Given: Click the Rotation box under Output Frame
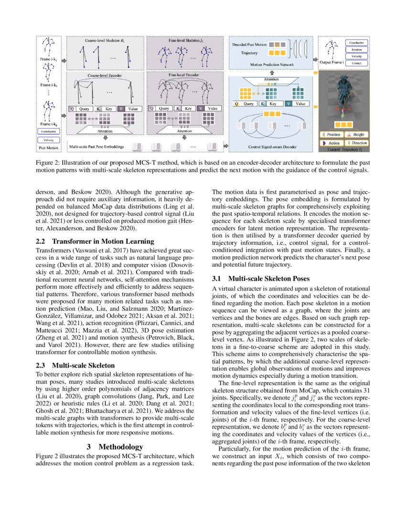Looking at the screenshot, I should click(x=356, y=49).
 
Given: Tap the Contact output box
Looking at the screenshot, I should click(x=356, y=63).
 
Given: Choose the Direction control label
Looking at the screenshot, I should click(x=359, y=143).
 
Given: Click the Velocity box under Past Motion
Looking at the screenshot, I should click(x=48, y=140).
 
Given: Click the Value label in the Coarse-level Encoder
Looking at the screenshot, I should click(x=133, y=108).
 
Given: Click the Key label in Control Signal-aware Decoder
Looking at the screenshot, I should click(x=273, y=103).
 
